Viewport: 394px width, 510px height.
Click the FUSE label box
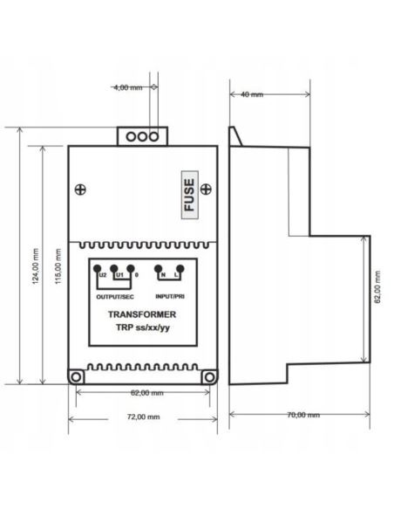click(x=189, y=195)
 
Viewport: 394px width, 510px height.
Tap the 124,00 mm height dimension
click(x=36, y=266)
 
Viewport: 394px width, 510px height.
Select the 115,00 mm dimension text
click(x=58, y=266)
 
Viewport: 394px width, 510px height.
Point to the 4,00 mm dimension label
click(x=128, y=87)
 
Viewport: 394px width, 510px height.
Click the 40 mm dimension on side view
click(x=252, y=94)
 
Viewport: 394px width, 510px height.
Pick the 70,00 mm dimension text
click(x=303, y=415)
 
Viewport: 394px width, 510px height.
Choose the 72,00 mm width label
click(x=144, y=417)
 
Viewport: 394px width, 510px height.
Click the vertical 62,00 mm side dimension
click(x=377, y=287)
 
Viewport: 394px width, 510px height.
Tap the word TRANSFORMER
click(x=142, y=314)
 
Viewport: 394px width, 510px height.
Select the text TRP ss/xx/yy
click(x=143, y=327)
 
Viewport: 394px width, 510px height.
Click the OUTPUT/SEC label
click(x=115, y=297)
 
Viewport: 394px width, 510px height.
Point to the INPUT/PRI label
click(x=170, y=297)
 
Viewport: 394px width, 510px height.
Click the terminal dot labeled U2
click(x=97, y=269)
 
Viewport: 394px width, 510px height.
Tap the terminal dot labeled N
click(x=158, y=269)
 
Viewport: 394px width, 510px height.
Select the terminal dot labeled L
click(x=180, y=269)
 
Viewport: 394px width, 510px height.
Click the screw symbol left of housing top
click(x=80, y=190)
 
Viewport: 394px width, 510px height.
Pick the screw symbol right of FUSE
click(x=206, y=189)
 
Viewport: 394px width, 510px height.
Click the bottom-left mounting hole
click(x=76, y=377)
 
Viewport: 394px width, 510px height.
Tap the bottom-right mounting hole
click(x=210, y=377)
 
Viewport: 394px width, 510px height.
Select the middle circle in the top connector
click(x=142, y=136)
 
